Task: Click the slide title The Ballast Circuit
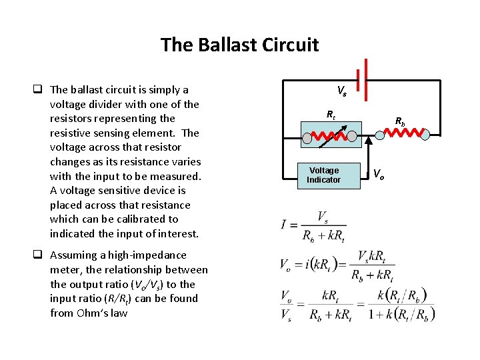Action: point(239,45)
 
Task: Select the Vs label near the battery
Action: point(341,91)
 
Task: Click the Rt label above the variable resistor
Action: point(330,115)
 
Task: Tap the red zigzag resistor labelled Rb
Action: point(404,133)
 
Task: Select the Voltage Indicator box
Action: point(323,175)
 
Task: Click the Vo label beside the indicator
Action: point(378,174)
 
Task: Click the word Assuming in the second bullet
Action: point(71,255)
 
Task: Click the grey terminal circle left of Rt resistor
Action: point(307,138)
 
